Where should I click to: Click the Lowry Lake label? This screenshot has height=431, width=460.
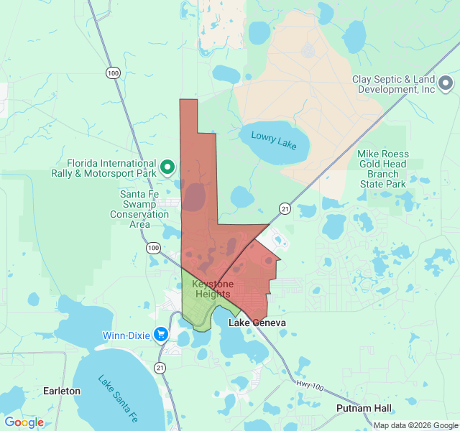point(274,140)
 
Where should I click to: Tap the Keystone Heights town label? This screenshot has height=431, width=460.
point(212,289)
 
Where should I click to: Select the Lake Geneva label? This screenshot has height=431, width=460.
point(257,323)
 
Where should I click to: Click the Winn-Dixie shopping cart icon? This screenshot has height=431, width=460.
point(161,334)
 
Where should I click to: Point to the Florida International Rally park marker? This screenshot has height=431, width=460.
point(167,168)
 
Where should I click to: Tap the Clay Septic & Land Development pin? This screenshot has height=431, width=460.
point(445,83)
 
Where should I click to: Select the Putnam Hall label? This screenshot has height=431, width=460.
point(364,408)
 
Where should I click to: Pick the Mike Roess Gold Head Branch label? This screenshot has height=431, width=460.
point(383,169)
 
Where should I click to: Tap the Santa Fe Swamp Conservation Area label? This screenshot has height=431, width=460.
point(139,209)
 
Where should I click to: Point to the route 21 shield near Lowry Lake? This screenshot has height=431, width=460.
point(285,208)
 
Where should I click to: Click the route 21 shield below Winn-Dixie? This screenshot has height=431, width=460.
point(159,368)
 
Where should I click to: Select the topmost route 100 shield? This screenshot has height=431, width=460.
point(113,73)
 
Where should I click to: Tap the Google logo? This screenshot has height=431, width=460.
point(24,422)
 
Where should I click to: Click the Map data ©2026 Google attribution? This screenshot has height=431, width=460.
point(415,425)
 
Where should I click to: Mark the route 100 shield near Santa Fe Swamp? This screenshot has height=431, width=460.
point(152,248)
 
